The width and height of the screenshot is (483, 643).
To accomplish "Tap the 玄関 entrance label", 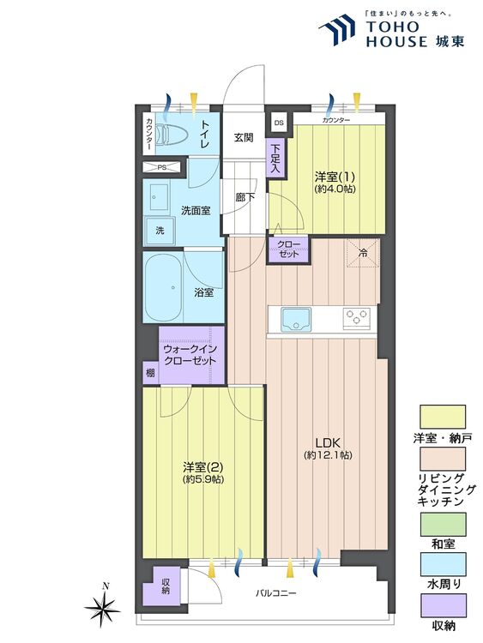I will [x=244, y=137].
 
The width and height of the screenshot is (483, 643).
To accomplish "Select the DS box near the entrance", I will [x=278, y=123].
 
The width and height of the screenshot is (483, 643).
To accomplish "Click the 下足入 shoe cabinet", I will [x=275, y=159].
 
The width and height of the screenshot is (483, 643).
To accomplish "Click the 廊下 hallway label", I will [x=244, y=196].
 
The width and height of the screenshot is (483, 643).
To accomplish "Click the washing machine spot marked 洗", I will [x=159, y=230].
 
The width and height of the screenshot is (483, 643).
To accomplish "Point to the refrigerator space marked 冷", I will [x=362, y=252].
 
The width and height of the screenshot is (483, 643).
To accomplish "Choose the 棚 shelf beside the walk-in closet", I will [x=150, y=372].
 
